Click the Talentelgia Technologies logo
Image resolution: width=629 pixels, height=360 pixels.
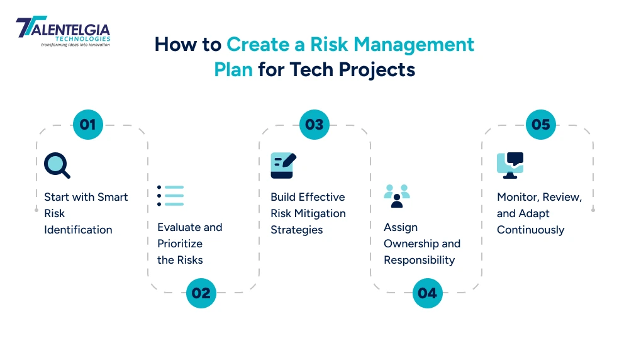pyautogui.click(x=63, y=30)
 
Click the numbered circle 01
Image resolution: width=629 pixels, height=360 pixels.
pyautogui.click(x=88, y=125)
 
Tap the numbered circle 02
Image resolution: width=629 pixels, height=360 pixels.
pyautogui.click(x=201, y=293)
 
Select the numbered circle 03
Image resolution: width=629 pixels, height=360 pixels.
pyautogui.click(x=314, y=125)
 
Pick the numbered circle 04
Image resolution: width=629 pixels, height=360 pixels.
pyautogui.click(x=428, y=293)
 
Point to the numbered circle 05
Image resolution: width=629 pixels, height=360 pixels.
pyautogui.click(x=541, y=125)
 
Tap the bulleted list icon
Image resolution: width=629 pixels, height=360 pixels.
pyautogui.click(x=170, y=196)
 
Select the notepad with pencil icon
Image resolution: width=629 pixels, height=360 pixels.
pyautogui.click(x=283, y=166)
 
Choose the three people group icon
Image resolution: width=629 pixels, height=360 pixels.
pyautogui.click(x=397, y=196)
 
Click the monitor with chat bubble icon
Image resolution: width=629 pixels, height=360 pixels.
pyautogui.click(x=509, y=166)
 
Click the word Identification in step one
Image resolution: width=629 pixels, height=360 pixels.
pyautogui.click(x=78, y=230)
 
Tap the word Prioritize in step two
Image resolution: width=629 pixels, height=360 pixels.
pyautogui.click(x=180, y=244)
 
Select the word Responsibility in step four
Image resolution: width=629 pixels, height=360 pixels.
pyautogui.click(x=420, y=260)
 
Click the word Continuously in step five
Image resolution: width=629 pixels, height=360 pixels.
pyautogui.click(x=530, y=230)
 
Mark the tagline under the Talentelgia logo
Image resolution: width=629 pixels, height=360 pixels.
pyautogui.click(x=75, y=45)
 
